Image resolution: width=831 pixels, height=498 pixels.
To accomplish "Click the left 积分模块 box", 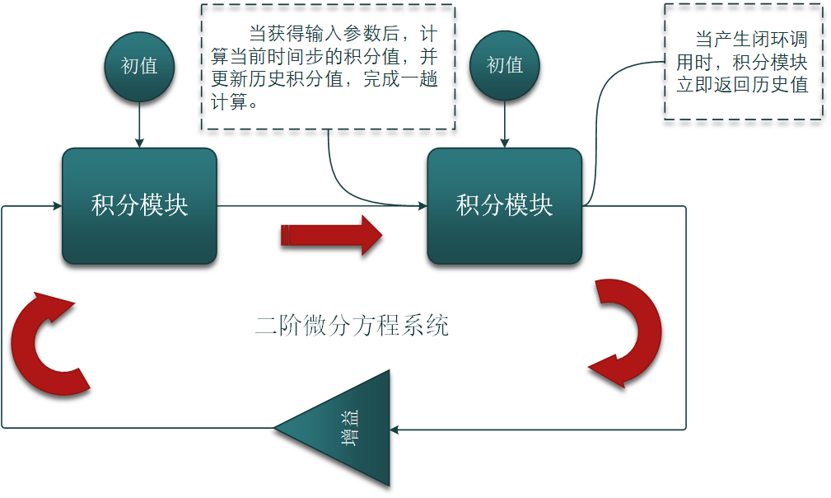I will [139, 205].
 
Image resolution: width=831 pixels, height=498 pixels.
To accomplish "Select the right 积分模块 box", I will [504, 205].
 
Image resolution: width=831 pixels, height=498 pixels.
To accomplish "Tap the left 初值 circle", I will [139, 66].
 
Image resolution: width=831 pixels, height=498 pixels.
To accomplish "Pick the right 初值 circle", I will [504, 66].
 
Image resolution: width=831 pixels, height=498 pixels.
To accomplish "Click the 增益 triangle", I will [346, 429].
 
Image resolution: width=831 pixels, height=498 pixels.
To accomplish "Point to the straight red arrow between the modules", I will [331, 235].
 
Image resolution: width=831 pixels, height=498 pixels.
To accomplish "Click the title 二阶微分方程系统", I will [352, 325].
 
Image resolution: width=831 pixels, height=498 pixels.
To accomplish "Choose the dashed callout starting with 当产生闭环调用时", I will [742, 62].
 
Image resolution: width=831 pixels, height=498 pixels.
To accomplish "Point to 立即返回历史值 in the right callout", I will [742, 85].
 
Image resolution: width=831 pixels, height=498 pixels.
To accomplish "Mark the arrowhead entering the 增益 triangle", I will [394, 429].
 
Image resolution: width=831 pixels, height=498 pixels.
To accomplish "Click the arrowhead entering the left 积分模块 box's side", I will [58, 205].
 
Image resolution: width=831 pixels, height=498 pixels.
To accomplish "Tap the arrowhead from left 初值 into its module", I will [139, 143].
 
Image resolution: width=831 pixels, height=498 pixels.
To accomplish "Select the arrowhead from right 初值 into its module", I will [504, 143].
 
